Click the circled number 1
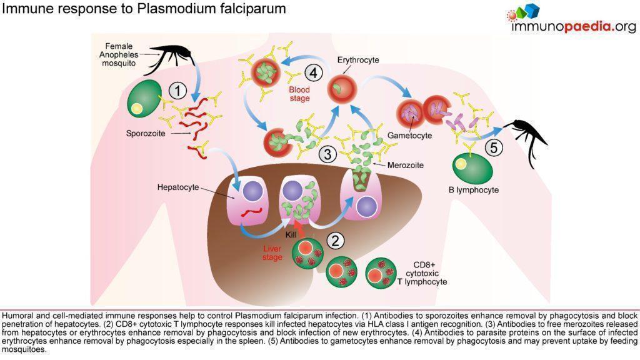[x=177, y=91]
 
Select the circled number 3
[x=326, y=153]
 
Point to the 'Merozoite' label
[x=406, y=165]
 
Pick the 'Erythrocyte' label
[x=358, y=60]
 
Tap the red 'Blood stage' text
[x=299, y=94]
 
